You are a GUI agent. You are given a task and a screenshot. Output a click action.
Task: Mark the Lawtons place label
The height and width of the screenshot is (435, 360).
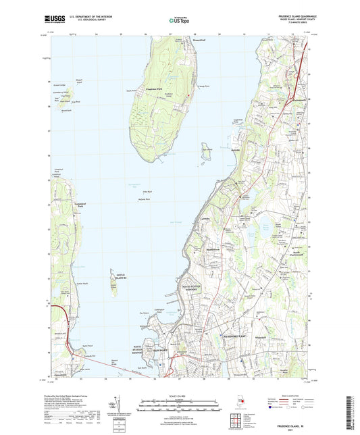(x=207, y=220)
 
